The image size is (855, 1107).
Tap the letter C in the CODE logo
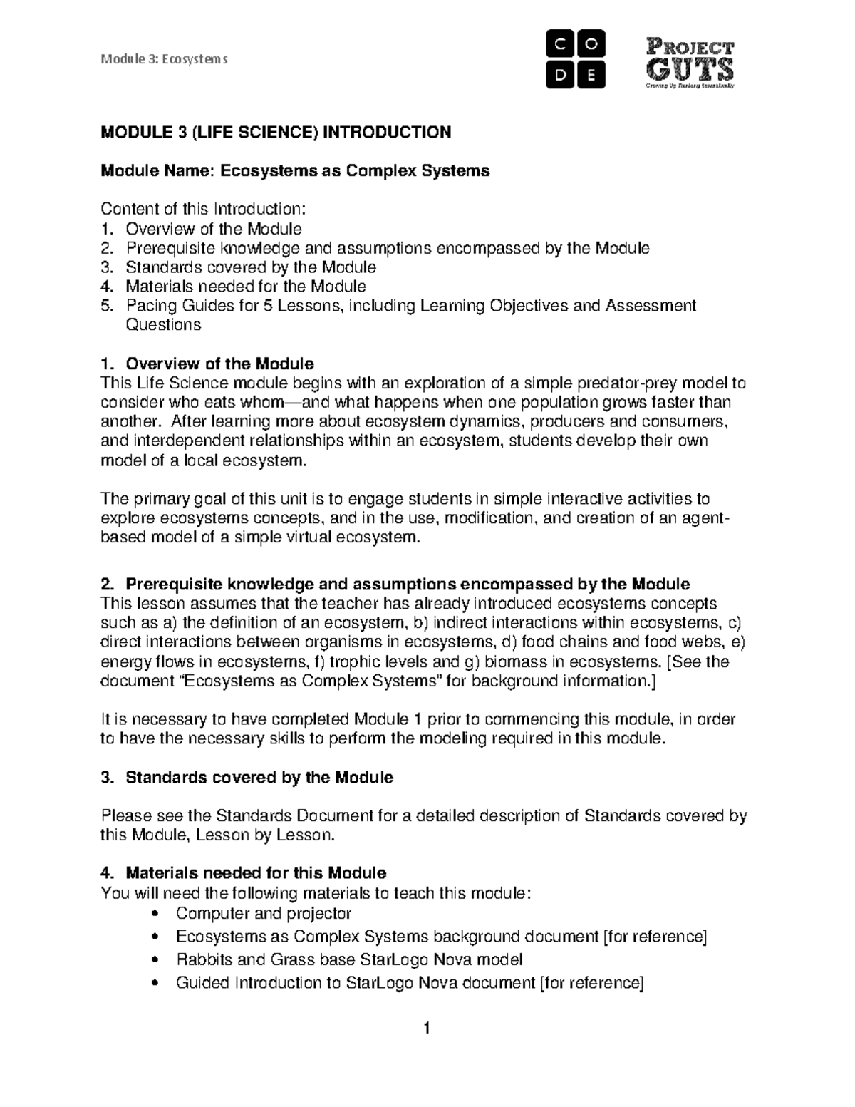(x=560, y=45)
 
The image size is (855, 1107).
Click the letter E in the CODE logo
(x=591, y=75)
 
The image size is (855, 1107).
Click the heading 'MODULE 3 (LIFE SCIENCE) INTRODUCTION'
(x=276, y=133)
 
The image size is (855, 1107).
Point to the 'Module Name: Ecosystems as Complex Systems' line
(x=295, y=171)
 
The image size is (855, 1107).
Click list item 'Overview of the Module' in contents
(x=213, y=229)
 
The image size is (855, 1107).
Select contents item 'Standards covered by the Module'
(x=250, y=267)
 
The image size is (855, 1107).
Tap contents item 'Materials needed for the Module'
(x=245, y=287)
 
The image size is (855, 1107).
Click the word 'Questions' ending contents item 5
(x=163, y=325)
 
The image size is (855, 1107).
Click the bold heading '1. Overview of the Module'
(x=207, y=364)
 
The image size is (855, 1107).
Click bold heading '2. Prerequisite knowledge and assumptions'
(x=395, y=585)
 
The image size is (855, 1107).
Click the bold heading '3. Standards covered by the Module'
(x=247, y=777)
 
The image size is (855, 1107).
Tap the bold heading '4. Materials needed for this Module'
(x=244, y=873)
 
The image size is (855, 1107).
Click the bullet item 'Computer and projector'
(x=263, y=913)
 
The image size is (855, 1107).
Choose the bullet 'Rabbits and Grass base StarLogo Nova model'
(x=349, y=959)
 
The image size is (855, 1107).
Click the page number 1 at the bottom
(x=427, y=1029)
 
